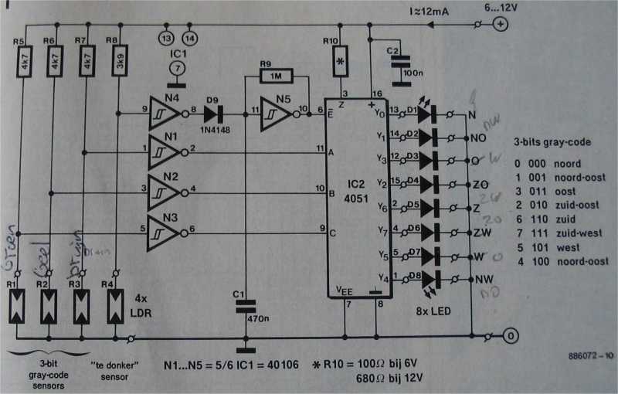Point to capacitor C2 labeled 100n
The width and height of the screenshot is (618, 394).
(x=399, y=67)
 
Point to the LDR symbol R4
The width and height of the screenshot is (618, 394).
(x=114, y=306)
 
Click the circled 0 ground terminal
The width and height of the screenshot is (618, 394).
(x=508, y=337)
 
